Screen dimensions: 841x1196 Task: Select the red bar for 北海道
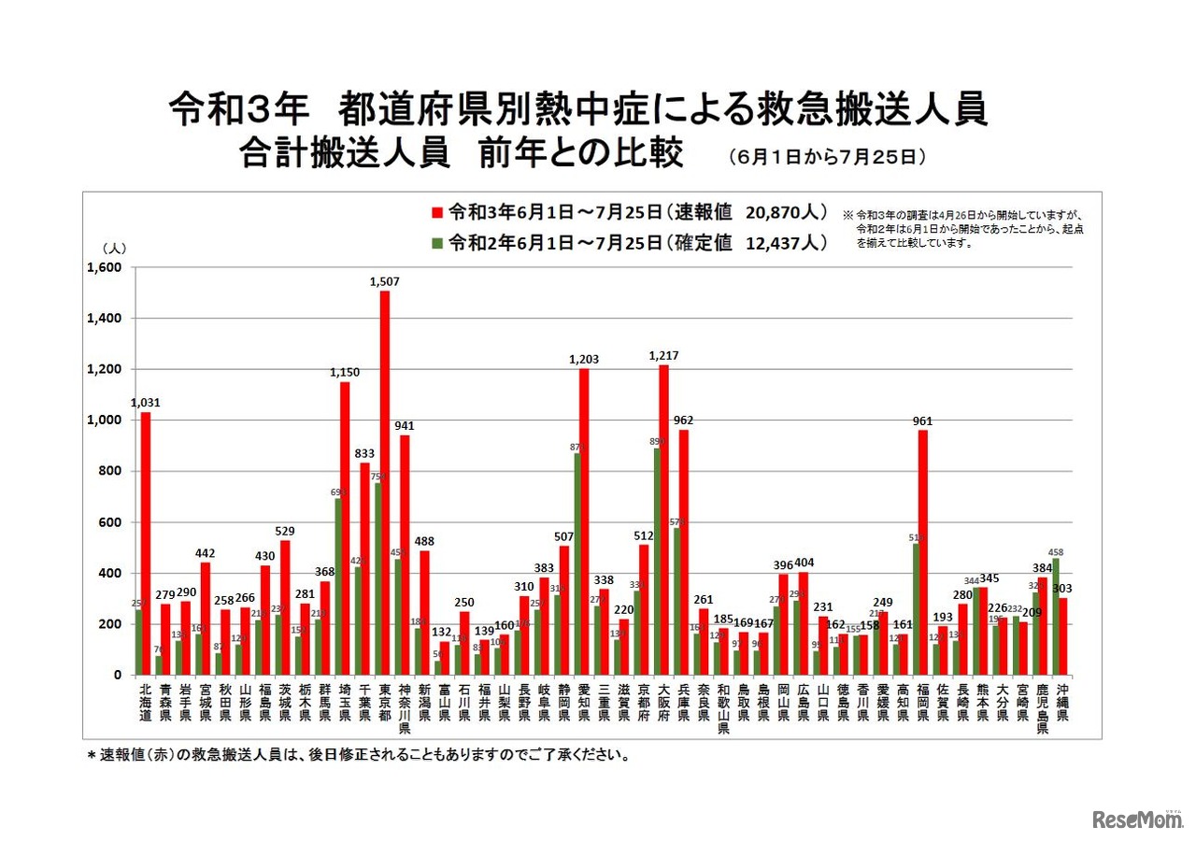(x=146, y=542)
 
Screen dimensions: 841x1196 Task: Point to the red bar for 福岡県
(x=923, y=551)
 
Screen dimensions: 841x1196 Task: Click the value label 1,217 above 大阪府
(x=664, y=355)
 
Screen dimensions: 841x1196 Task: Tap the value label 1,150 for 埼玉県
(x=345, y=372)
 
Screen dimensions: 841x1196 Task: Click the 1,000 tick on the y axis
(x=104, y=420)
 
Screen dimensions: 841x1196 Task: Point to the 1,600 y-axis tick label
(x=104, y=267)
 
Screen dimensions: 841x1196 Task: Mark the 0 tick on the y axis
(x=118, y=675)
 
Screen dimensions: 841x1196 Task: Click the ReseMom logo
(x=1135, y=819)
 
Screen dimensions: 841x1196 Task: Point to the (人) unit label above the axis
(x=113, y=248)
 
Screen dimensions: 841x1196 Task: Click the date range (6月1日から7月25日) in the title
(x=828, y=157)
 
